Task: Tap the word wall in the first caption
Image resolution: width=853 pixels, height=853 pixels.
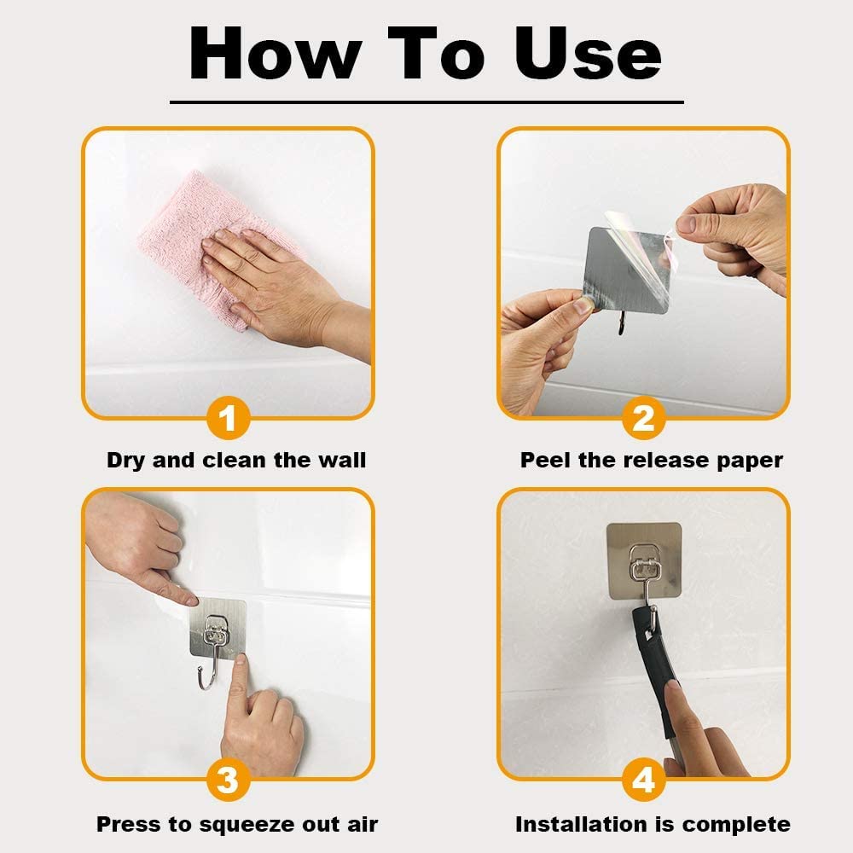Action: (x=340, y=461)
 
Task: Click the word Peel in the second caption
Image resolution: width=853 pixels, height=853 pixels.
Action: (x=545, y=461)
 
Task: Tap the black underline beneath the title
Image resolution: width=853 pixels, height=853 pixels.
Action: (x=426, y=102)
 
